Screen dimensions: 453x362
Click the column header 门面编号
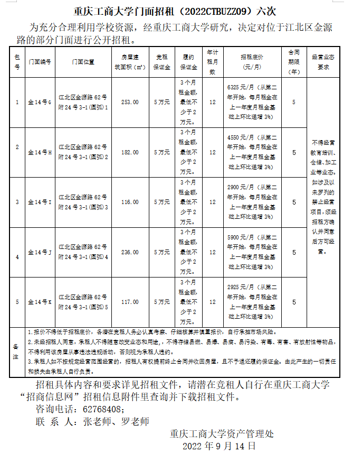(40, 62)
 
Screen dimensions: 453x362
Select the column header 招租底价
(251, 62)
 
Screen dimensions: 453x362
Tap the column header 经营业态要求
(323, 62)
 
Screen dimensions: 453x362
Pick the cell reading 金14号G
(40, 103)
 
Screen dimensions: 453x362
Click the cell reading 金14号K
(40, 302)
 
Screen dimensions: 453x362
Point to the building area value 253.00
(130, 103)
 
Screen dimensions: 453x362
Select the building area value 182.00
(130, 152)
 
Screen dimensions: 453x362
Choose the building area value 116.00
(130, 202)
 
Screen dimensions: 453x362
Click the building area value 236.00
(130, 252)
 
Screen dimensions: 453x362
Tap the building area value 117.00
(130, 302)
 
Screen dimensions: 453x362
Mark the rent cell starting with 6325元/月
(251, 103)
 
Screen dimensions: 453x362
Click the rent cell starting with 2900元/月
(251, 202)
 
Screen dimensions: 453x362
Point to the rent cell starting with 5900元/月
(251, 252)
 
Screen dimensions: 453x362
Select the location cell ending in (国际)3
(83, 202)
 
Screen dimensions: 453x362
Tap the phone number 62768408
(103, 409)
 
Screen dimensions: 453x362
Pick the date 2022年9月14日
(218, 446)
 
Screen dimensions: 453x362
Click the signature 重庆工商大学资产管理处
(222, 434)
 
